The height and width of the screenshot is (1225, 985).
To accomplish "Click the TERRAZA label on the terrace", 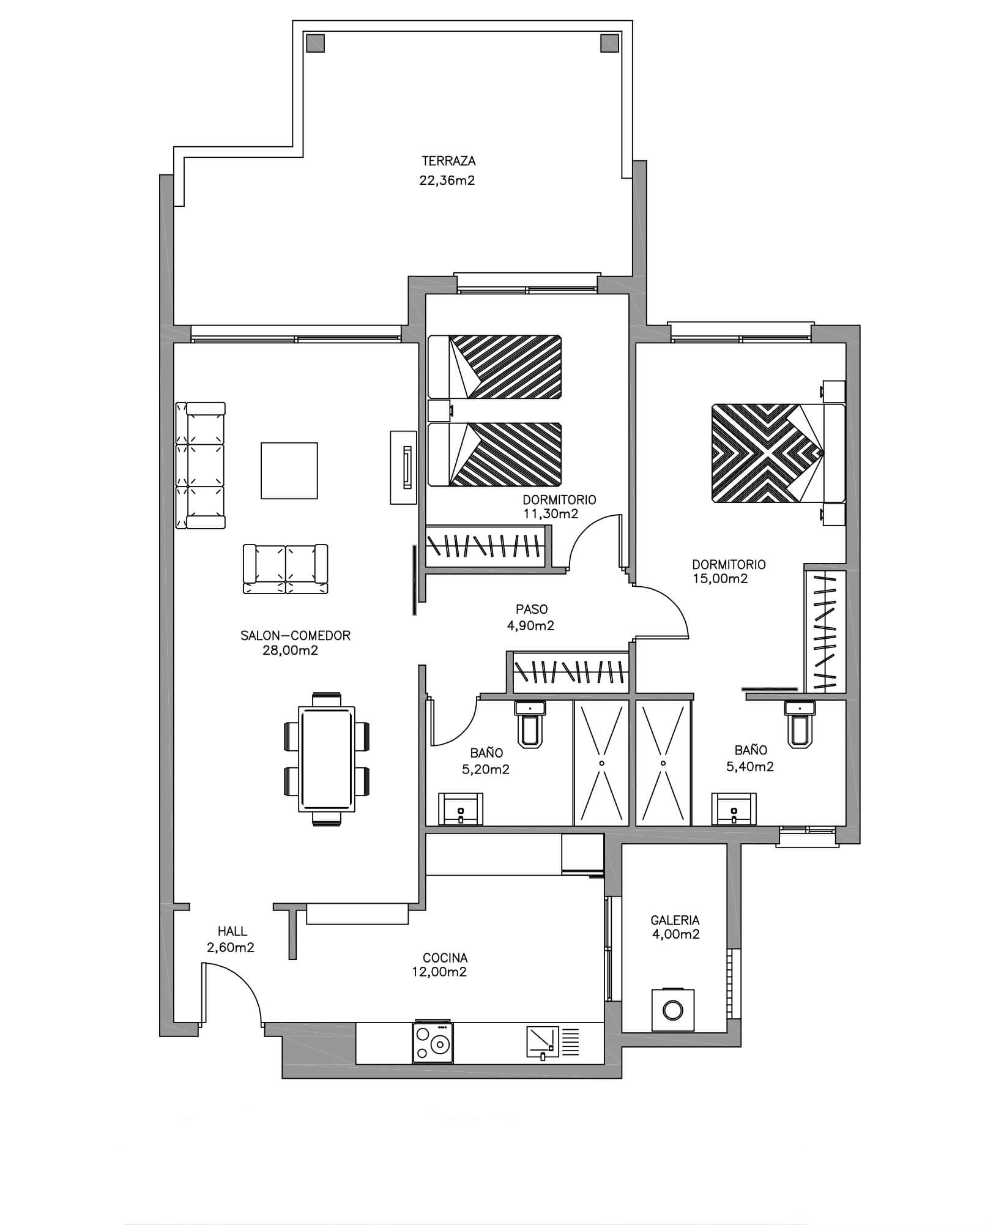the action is [448, 162].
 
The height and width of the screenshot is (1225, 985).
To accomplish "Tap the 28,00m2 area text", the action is [290, 650].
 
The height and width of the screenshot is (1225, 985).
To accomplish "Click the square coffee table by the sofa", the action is [289, 471].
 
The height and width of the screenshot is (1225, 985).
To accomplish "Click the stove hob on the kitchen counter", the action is [433, 1043].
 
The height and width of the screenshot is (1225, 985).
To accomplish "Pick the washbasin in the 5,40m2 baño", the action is [734, 809].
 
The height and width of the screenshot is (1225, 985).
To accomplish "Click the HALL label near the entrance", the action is [232, 931].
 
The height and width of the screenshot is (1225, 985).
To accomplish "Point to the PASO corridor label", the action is [532, 609].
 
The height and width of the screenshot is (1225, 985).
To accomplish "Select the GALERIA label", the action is [675, 920].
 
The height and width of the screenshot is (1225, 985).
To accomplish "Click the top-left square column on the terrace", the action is [315, 43].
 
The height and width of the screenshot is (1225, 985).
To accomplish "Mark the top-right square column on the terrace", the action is [610, 43].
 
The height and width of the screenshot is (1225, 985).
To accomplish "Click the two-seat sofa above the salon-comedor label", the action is [286, 568].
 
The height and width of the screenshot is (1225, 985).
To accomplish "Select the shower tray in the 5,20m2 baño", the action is [601, 763].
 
